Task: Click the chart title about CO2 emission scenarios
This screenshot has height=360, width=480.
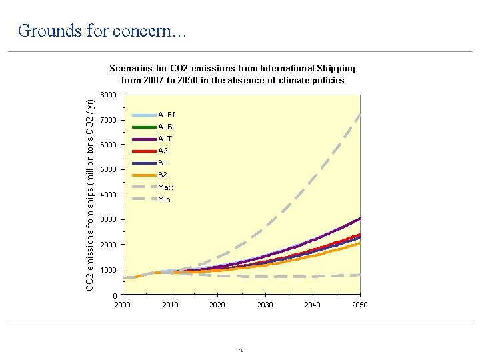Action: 232,74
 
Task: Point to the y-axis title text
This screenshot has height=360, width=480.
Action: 91,194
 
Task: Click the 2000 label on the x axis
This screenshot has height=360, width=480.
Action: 123,305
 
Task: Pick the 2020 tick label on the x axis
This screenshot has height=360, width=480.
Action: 217,305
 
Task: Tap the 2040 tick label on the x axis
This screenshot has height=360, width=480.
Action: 312,305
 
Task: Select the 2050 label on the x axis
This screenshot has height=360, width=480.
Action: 359,305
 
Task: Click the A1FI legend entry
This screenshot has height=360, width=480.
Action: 166,115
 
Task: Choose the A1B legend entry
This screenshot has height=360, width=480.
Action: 165,127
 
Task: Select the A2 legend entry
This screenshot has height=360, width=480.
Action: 163,151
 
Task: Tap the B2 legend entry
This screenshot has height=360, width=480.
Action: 163,175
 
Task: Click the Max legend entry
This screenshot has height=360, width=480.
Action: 165,187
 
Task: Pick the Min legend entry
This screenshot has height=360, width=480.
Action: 164,199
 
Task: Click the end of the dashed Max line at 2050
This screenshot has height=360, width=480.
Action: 359,115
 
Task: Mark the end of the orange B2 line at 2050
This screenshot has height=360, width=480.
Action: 359,243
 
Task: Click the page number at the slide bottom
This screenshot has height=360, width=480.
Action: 241,350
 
